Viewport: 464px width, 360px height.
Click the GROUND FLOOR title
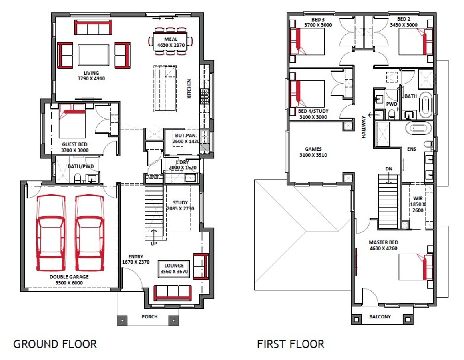point(55,344)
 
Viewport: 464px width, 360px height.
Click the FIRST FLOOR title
point(291,344)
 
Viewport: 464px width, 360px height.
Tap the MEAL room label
point(171,39)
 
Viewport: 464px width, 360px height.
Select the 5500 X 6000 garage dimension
point(69,283)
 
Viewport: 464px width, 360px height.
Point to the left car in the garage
point(51,233)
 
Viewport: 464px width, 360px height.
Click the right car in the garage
point(90,233)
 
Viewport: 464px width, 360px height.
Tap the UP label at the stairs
point(154,244)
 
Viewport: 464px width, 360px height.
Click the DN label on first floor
point(389,169)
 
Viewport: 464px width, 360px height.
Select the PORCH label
point(149,316)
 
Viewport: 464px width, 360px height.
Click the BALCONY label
point(380,316)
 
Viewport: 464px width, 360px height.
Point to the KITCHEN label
point(189,88)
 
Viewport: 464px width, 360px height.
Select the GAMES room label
point(313,149)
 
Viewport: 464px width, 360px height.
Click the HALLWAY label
point(364,127)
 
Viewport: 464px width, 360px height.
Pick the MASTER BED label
point(383,242)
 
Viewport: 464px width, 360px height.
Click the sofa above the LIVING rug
point(93,27)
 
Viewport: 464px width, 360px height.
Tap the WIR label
point(418,198)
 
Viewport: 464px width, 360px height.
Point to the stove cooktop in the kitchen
point(204,96)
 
